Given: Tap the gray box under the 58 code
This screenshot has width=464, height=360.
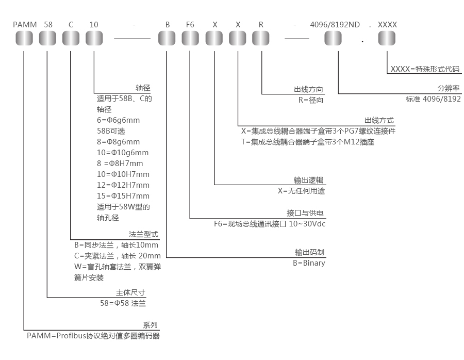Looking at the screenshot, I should pos(48,38).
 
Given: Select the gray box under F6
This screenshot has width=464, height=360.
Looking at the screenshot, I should pos(190,38).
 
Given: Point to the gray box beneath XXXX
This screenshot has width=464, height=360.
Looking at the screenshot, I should pos(387,38).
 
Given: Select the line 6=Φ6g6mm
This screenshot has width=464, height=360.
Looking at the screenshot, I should pos(118,120).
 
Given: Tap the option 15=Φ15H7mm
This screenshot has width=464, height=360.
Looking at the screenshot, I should pos(123,196).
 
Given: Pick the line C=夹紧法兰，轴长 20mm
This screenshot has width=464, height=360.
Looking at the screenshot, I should pos(118,256).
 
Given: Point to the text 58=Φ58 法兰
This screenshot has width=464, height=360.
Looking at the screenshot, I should pos(123,304).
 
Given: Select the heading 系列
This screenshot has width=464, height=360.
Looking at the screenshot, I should pos(150,325).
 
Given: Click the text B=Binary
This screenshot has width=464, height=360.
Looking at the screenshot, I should pos(309,263).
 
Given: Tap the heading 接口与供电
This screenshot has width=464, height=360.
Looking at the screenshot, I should pos(305,213).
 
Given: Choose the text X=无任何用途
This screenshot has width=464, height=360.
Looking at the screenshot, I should pos(302,191).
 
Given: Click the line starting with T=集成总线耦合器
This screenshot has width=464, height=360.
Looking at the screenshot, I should pos(307,142).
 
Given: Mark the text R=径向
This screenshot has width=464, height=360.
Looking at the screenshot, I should pos(311,100).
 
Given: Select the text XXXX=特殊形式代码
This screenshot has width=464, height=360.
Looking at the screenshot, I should pos(425,69).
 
